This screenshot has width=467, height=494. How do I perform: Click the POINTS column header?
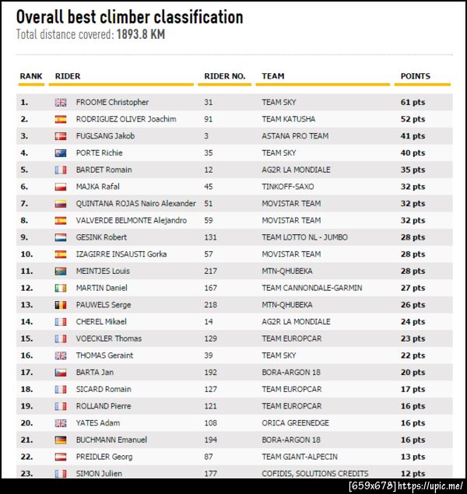click(x=415, y=76)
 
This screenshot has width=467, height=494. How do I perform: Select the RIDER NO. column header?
click(x=224, y=76)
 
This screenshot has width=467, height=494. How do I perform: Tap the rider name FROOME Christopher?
click(x=112, y=102)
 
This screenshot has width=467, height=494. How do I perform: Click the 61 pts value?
click(x=413, y=102)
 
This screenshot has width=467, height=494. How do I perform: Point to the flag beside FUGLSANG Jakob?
click(x=61, y=136)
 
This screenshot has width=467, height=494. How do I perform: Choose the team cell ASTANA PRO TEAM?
click(x=295, y=136)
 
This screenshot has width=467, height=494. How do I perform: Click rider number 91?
click(x=209, y=119)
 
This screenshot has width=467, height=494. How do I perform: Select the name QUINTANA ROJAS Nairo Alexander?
click(x=135, y=204)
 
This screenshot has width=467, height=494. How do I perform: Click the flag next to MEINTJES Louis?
click(x=61, y=272)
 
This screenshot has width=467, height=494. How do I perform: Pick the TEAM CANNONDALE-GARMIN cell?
click(x=311, y=288)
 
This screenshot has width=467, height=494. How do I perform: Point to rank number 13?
click(x=26, y=305)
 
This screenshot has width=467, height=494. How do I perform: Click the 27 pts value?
click(x=413, y=288)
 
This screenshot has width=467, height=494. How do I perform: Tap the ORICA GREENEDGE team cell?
click(x=295, y=423)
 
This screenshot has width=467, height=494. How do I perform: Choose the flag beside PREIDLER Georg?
click(x=61, y=457)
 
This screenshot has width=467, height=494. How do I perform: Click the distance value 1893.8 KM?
click(x=141, y=35)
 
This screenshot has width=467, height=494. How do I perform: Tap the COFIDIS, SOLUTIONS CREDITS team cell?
click(x=314, y=474)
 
